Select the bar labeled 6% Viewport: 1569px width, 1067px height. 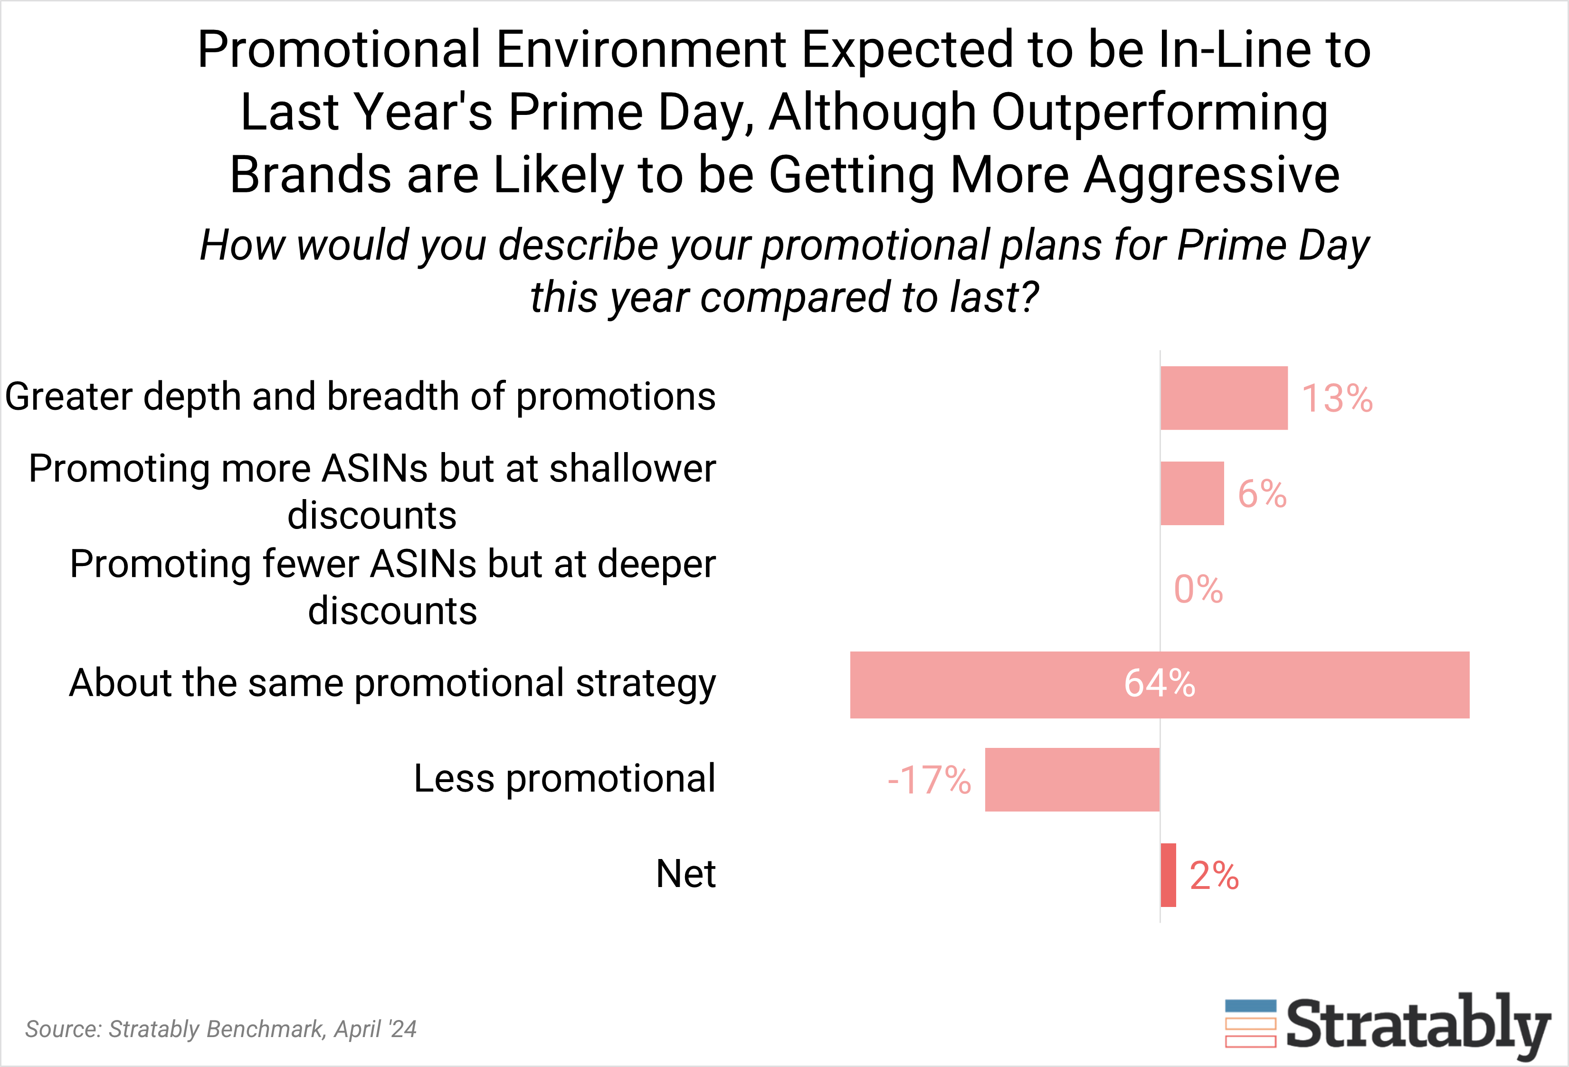click(x=1192, y=493)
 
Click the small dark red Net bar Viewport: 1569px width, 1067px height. click(x=1168, y=875)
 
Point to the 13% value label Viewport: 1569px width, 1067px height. click(x=1337, y=398)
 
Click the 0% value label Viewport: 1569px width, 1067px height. click(x=1198, y=589)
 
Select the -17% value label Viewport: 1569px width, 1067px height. click(x=929, y=780)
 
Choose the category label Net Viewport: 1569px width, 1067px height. click(x=685, y=874)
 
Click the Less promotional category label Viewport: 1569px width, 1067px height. click(x=564, y=778)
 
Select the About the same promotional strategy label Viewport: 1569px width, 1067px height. click(x=392, y=683)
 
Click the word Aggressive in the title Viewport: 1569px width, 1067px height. click(x=1212, y=175)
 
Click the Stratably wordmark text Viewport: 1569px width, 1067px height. click(x=1418, y=1024)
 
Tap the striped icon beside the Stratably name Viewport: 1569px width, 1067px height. click(x=1250, y=1023)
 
